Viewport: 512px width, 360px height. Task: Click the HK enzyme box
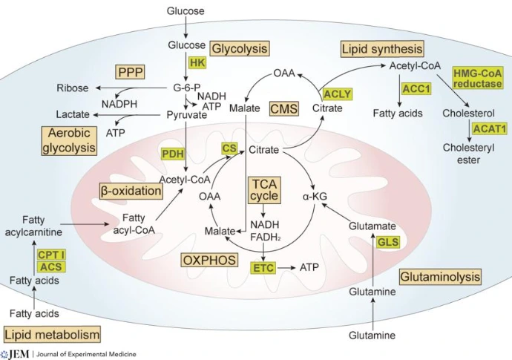(x=197, y=63)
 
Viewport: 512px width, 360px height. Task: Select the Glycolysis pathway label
(x=239, y=48)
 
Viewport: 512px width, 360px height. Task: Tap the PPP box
(x=130, y=72)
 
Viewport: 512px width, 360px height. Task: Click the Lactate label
(x=73, y=115)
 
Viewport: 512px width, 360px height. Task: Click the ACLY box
(x=337, y=94)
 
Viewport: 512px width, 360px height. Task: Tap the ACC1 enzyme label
(x=416, y=88)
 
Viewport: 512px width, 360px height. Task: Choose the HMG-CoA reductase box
(x=477, y=77)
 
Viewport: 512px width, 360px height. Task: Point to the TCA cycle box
(x=265, y=189)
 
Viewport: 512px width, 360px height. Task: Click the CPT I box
(x=51, y=255)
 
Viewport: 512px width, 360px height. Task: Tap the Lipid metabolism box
(x=52, y=334)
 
